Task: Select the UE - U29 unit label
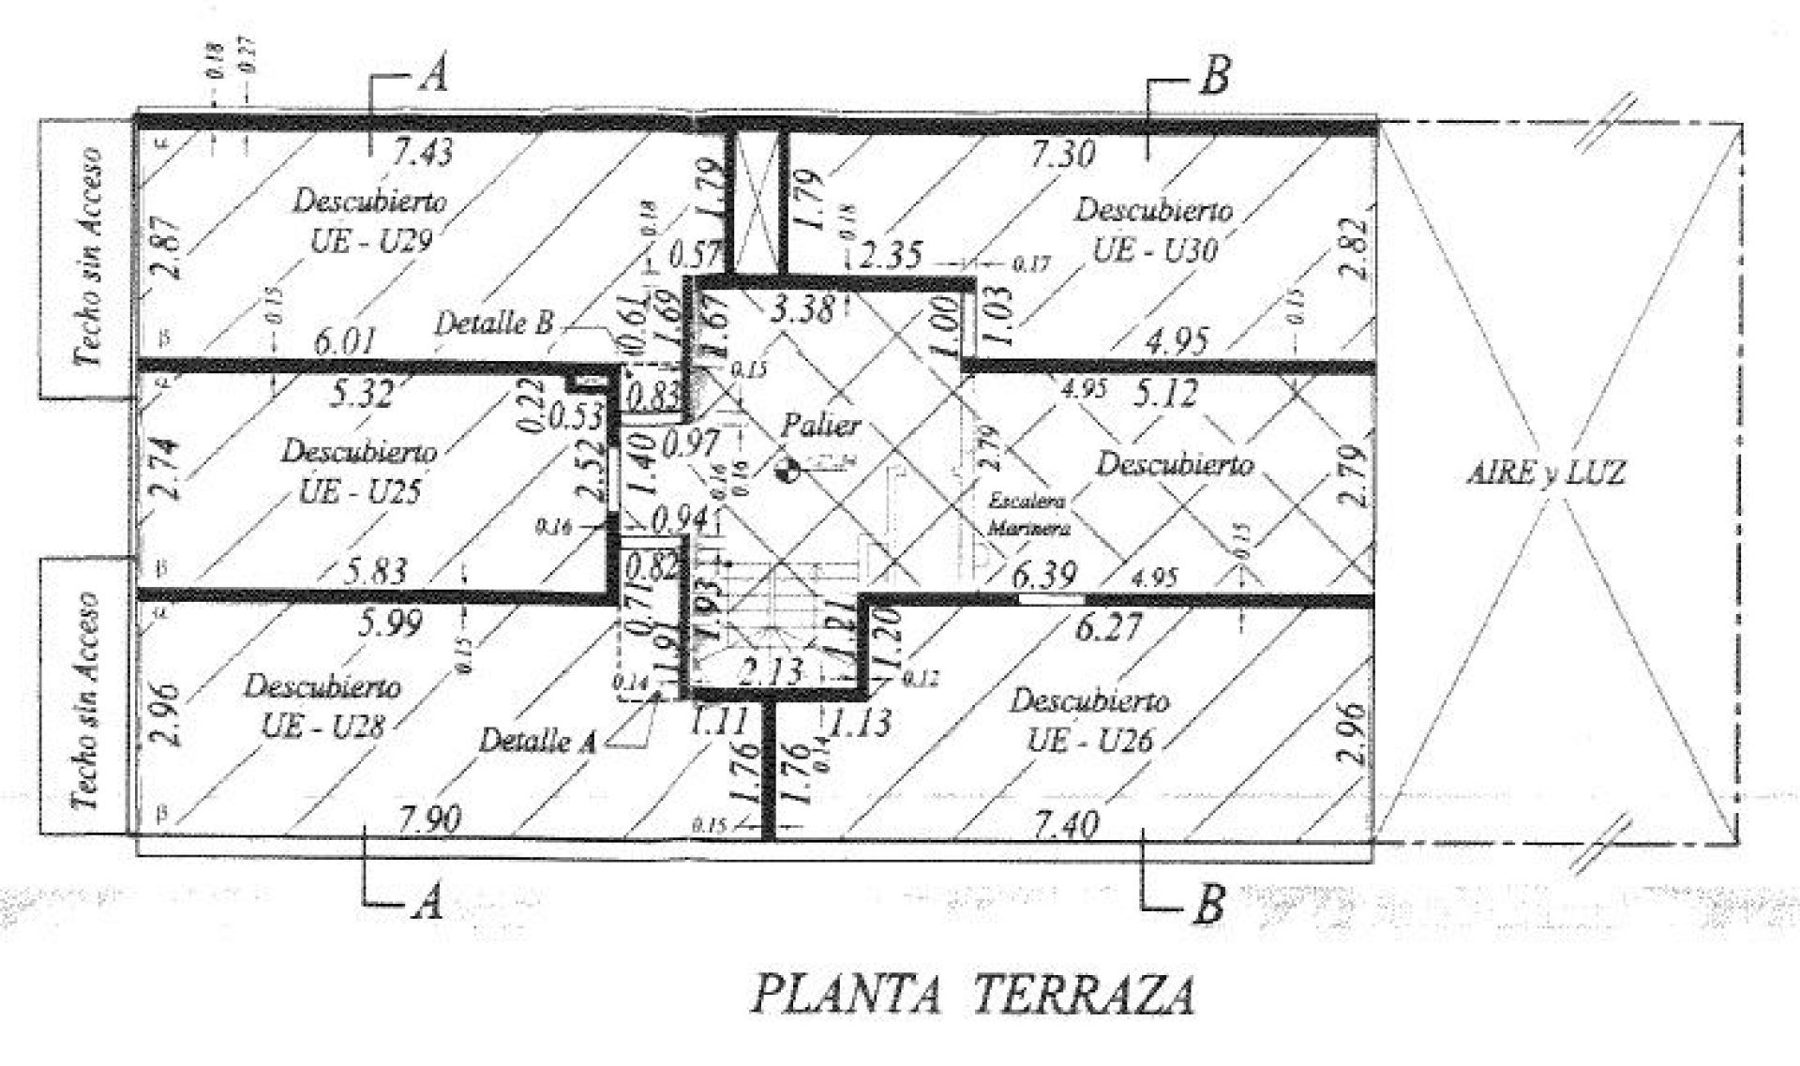pos(371,241)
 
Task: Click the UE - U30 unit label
pos(1156,250)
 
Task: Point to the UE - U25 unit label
pos(359,491)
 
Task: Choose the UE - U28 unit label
pos(322,726)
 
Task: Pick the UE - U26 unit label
pos(1089,741)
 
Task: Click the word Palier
pos(820,426)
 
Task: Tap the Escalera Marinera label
pos(1027,515)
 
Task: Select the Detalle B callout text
pos(493,323)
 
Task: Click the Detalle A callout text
pos(537,742)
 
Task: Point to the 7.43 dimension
pos(422,152)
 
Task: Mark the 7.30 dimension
pos(1062,153)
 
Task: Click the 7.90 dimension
pos(429,819)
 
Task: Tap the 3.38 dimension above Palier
pos(801,308)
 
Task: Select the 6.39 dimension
pos(1043,574)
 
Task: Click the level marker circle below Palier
pos(788,470)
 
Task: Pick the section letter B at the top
pos(1214,76)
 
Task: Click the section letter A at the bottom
pos(427,902)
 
